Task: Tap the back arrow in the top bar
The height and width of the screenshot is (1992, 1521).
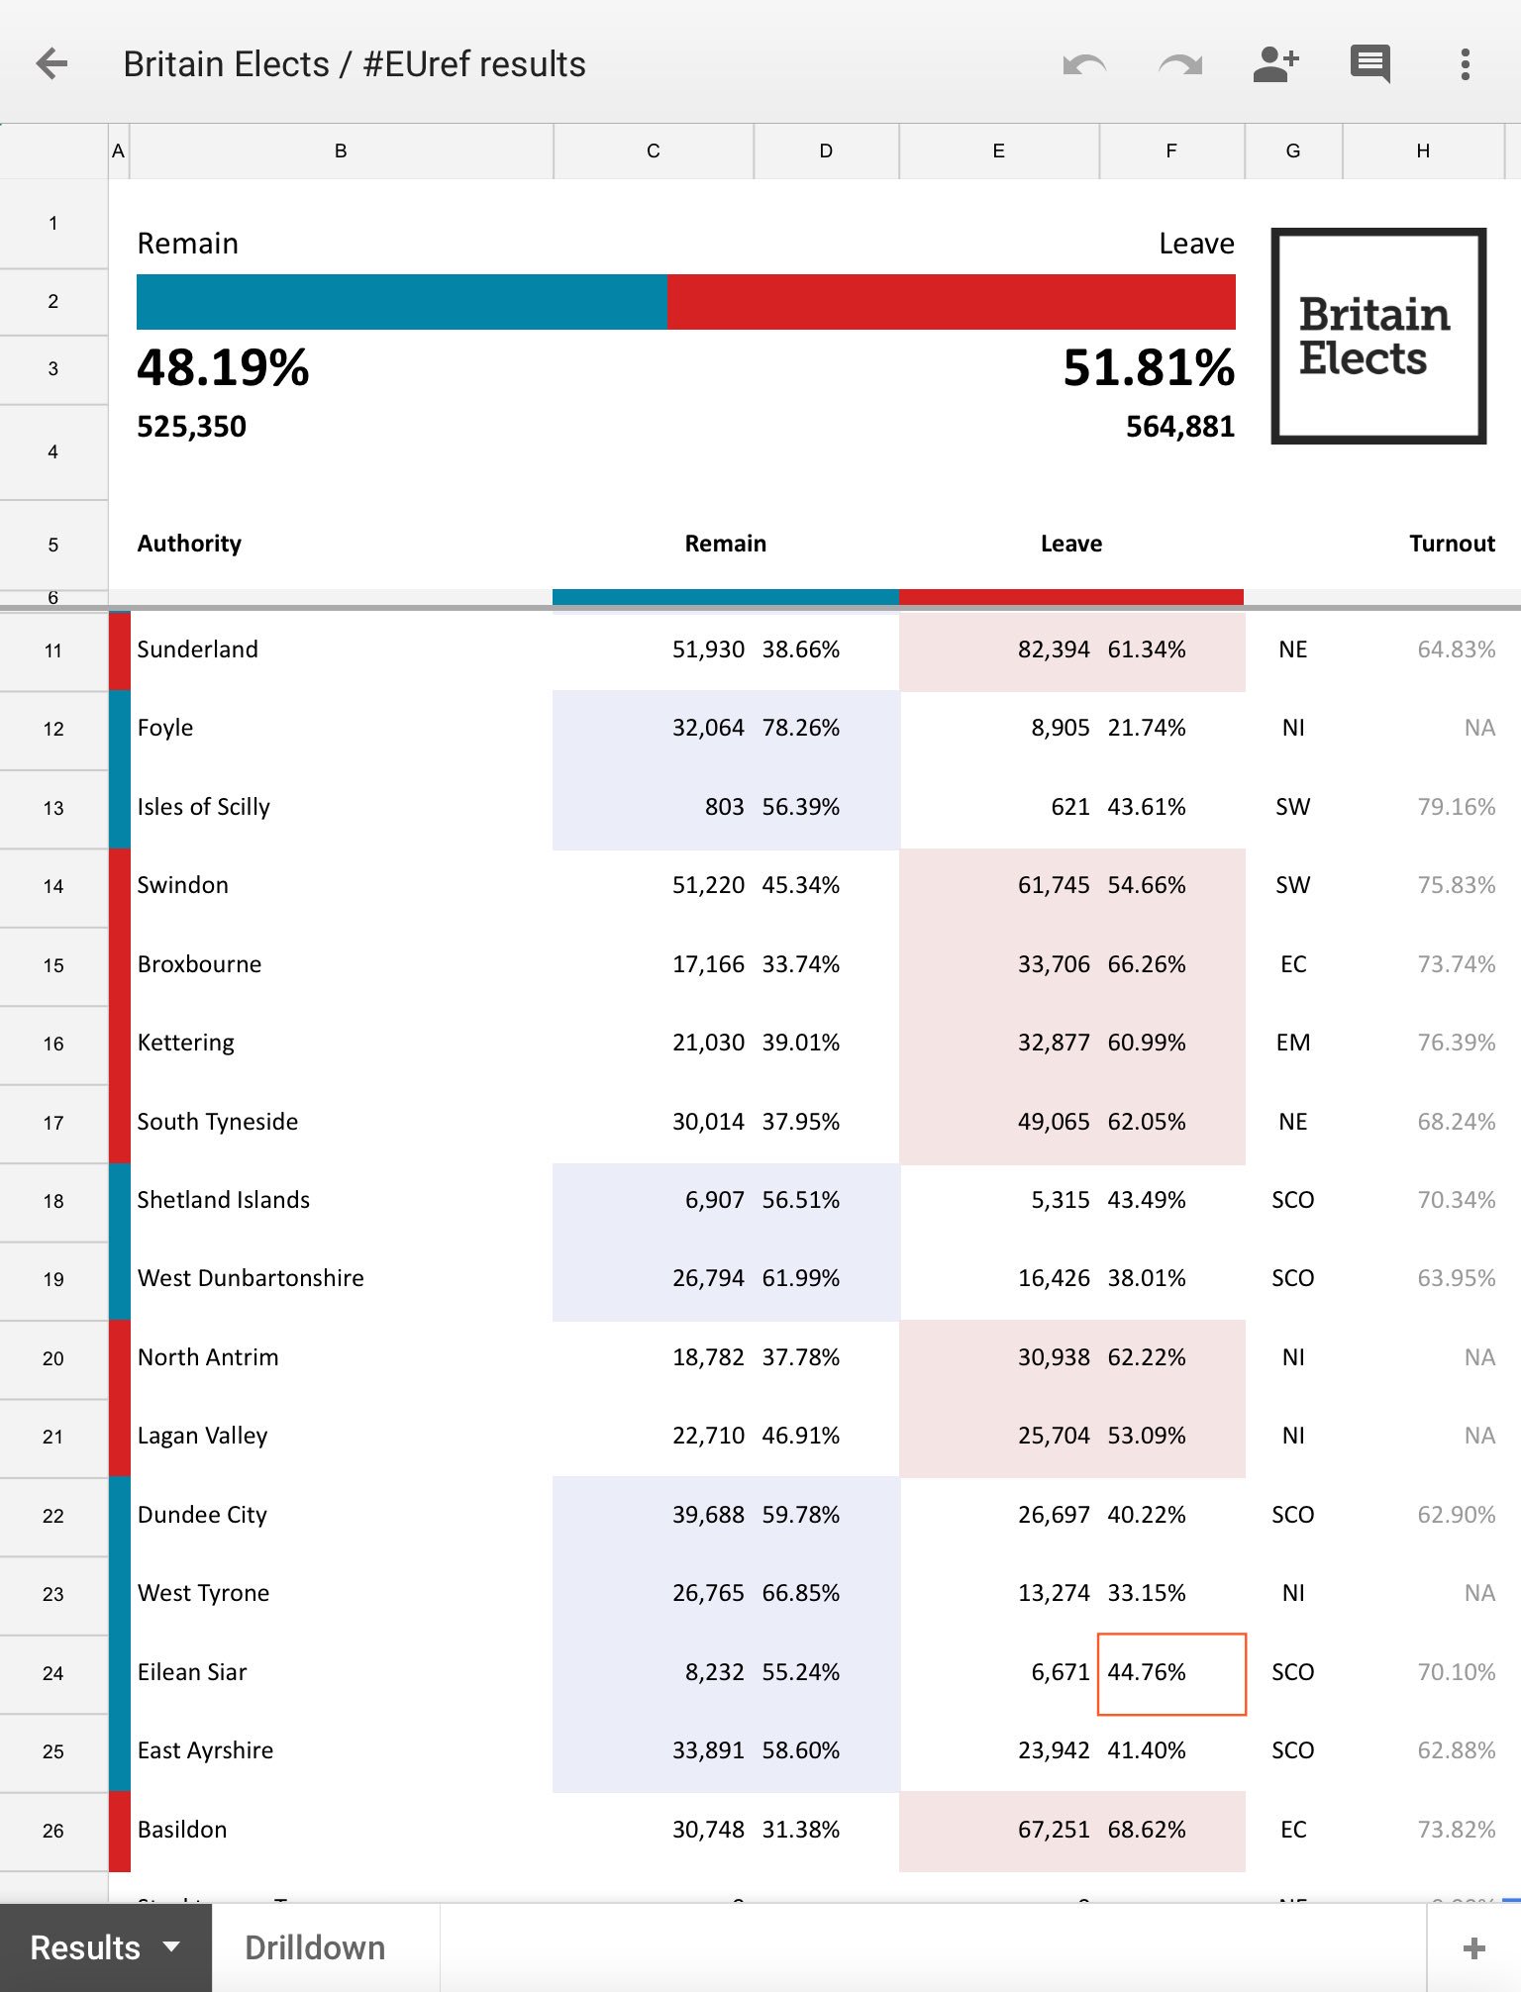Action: [x=51, y=64]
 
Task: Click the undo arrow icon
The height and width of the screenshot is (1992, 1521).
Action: [x=1084, y=65]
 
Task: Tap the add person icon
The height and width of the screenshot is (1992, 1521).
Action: [x=1275, y=64]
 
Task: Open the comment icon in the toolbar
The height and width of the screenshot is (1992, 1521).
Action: [x=1370, y=64]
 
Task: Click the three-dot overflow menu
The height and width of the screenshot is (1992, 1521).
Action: [x=1466, y=64]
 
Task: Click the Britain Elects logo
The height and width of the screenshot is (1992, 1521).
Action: [x=1378, y=336]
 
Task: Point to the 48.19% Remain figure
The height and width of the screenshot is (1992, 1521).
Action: [x=223, y=367]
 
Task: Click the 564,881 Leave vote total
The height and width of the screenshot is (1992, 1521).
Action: [x=1180, y=427]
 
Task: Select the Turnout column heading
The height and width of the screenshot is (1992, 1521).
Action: [x=1452, y=544]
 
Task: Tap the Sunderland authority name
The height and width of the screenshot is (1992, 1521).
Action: [x=197, y=649]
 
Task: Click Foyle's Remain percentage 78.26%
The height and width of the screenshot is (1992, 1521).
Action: [x=800, y=728]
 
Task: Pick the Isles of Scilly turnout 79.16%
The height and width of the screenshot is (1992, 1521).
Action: [x=1456, y=807]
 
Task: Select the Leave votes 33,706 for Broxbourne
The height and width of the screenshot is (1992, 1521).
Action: [x=1054, y=964]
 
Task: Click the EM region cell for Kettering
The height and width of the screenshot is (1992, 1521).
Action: [x=1293, y=1043]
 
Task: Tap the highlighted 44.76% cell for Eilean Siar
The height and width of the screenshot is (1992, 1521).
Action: [x=1171, y=1673]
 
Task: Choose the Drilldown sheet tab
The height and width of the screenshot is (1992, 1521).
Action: [x=315, y=1947]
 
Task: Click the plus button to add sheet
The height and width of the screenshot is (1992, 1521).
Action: [x=1473, y=1948]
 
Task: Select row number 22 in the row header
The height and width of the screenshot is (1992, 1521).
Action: [x=53, y=1516]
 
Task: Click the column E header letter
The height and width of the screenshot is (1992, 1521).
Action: [x=998, y=150]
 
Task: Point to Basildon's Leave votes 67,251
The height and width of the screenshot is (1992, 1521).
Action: [x=1054, y=1830]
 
